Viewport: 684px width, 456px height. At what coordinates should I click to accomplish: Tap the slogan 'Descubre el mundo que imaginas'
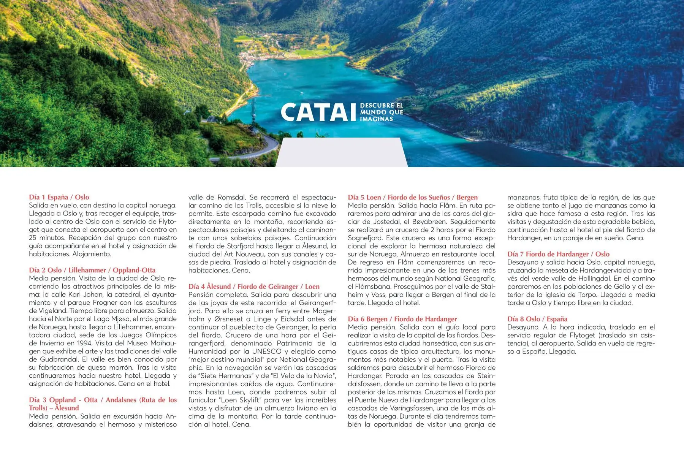382,112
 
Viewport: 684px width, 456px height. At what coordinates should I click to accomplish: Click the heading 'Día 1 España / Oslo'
59,197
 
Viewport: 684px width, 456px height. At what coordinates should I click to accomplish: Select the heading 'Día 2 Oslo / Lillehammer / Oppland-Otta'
92,270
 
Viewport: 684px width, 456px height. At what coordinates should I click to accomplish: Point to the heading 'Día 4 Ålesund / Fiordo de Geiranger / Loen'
254,286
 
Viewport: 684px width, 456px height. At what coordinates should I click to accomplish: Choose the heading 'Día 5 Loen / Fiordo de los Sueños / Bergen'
413,197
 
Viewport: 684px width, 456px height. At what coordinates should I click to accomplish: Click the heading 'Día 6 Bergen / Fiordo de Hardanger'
402,319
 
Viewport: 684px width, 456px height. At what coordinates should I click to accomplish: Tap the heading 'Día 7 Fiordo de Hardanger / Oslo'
558,254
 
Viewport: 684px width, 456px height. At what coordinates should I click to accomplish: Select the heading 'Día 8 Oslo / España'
537,319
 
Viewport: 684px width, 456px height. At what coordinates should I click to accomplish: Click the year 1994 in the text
84,343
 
